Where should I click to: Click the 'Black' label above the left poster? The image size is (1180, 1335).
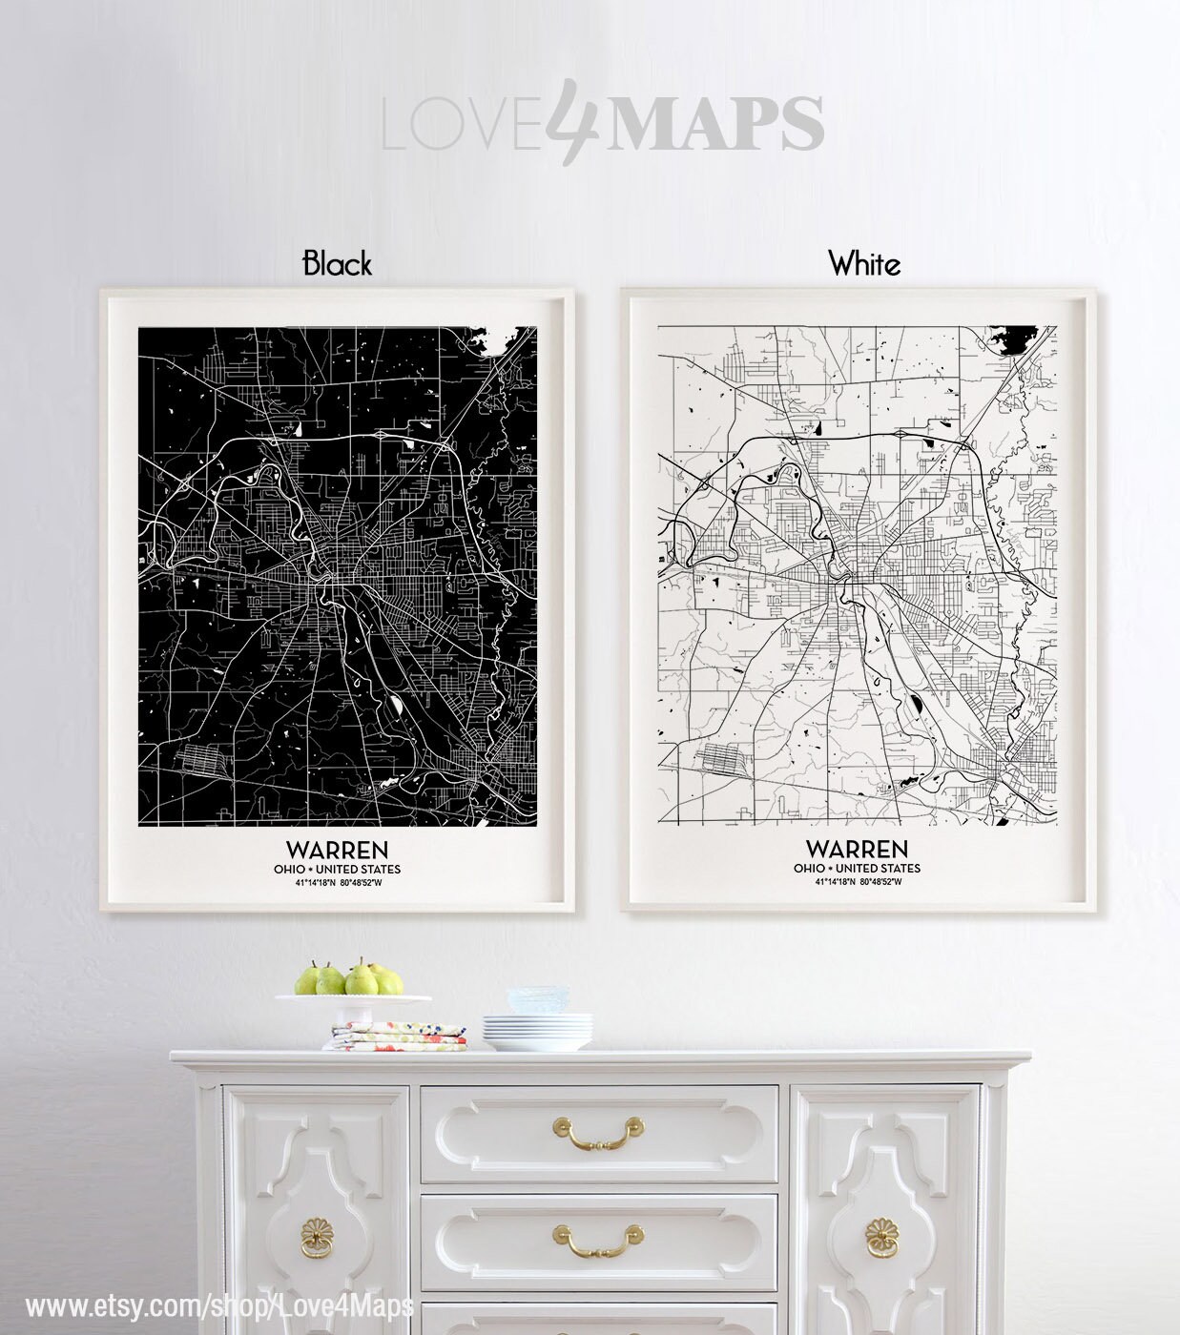[x=337, y=263]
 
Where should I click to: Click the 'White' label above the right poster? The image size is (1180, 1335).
[x=864, y=263]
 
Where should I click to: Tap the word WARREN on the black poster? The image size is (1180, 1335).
[x=337, y=849]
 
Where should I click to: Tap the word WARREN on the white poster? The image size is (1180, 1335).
[x=857, y=849]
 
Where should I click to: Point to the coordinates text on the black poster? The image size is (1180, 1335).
[x=337, y=882]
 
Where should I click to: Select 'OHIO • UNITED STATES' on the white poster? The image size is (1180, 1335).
[x=857, y=869]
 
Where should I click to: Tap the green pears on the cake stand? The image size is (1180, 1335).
[x=349, y=979]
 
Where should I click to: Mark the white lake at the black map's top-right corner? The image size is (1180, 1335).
[x=499, y=340]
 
